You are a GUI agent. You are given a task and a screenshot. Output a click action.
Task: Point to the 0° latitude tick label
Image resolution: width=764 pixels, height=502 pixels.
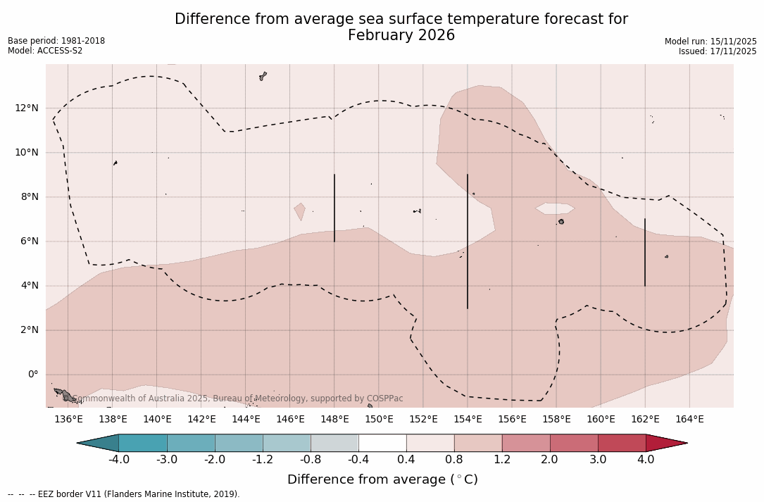(32, 375)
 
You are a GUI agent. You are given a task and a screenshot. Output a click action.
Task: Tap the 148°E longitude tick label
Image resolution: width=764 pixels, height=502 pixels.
(334, 420)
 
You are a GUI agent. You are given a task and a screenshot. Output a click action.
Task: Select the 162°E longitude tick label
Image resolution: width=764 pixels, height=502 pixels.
(645, 420)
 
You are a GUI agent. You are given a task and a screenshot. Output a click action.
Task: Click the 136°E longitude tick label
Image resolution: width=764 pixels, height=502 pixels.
(68, 420)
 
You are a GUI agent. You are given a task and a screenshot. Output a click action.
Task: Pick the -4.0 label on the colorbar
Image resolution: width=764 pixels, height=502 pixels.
(118, 460)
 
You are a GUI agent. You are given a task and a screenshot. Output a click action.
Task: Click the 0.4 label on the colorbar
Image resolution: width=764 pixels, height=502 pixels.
(406, 460)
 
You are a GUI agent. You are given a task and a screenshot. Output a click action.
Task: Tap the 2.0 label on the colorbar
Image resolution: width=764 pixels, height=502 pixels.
(550, 460)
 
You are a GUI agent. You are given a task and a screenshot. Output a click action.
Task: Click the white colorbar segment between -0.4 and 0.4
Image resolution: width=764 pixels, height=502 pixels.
(382, 443)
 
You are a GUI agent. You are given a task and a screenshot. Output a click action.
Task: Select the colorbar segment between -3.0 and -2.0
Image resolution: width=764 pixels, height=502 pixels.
(191, 443)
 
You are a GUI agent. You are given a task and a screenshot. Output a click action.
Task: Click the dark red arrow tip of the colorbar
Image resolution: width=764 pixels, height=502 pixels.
(669, 443)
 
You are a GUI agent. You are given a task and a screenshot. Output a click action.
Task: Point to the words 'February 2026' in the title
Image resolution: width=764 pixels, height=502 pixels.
(401, 35)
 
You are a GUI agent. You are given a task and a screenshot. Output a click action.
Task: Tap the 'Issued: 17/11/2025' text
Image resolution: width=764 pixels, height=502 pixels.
(718, 51)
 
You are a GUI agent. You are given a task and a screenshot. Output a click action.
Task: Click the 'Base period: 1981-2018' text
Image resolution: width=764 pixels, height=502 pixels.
(56, 41)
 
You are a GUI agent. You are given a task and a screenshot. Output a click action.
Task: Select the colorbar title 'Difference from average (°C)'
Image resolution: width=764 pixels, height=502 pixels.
(382, 479)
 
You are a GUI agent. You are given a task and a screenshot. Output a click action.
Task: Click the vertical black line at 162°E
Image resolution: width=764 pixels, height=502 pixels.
(645, 252)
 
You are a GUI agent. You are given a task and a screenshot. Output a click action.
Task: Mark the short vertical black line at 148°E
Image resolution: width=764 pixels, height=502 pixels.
(334, 208)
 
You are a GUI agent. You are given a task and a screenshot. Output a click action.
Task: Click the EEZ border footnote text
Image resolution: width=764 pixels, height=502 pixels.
(123, 494)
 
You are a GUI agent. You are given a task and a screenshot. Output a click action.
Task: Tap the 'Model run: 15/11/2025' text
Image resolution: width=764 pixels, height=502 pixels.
(710, 42)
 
